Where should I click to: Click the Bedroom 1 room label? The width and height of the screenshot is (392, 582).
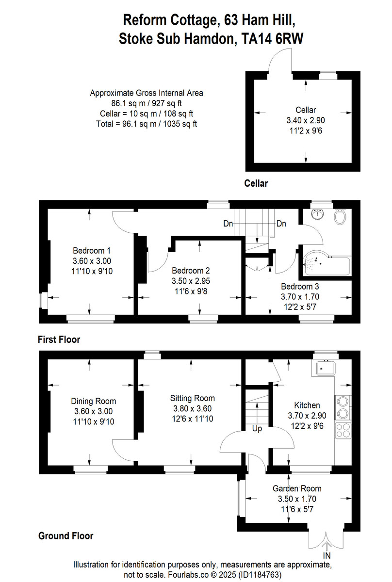pyautogui.click(x=92, y=251)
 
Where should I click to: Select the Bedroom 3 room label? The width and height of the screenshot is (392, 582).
pyautogui.click(x=300, y=287)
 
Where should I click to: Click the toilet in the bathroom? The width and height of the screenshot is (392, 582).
pyautogui.click(x=340, y=216)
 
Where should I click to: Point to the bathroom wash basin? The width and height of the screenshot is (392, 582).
pyautogui.click(x=318, y=213)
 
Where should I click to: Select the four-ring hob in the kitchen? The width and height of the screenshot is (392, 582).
pyautogui.click(x=342, y=430)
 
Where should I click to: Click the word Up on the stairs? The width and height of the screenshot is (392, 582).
pyautogui.click(x=256, y=429)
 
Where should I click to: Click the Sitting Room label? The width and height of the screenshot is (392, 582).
pyautogui.click(x=191, y=398)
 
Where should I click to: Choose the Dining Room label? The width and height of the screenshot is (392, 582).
pyautogui.click(x=93, y=401)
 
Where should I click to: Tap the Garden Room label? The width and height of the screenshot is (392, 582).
pyautogui.click(x=296, y=489)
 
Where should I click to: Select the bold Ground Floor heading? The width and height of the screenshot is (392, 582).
pyautogui.click(x=65, y=536)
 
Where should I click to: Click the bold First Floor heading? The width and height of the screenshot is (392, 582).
pyautogui.click(x=59, y=339)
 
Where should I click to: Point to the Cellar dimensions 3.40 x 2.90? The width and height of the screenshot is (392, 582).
pyautogui.click(x=306, y=119)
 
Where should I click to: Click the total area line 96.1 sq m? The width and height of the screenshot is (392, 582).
pyautogui.click(x=146, y=124)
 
